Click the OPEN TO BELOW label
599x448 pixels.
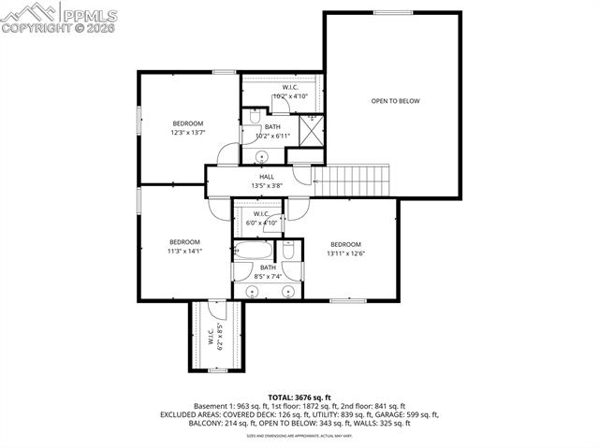click(x=394, y=101)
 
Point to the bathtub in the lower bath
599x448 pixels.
click(x=253, y=251)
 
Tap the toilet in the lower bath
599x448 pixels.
click(x=289, y=251)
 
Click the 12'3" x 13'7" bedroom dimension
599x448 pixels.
click(x=187, y=133)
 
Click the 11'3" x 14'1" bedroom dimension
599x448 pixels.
click(x=184, y=251)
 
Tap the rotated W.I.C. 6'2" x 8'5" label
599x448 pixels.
click(x=215, y=336)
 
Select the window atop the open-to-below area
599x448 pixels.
click(x=393, y=12)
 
